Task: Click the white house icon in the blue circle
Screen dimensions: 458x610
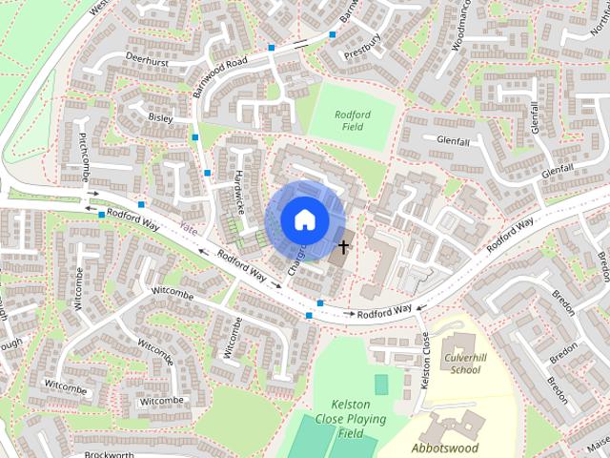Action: (x=304, y=219)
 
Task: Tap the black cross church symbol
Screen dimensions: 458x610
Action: (x=342, y=246)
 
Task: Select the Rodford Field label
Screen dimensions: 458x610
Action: (x=352, y=121)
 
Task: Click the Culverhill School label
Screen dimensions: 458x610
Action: (x=462, y=364)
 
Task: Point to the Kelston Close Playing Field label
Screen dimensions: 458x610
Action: (x=352, y=419)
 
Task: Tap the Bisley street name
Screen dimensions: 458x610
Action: (x=160, y=117)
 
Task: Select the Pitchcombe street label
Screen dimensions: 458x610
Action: (x=84, y=153)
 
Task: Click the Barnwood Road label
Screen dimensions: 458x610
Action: (x=219, y=73)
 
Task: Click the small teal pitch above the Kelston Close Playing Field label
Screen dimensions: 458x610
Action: (x=381, y=385)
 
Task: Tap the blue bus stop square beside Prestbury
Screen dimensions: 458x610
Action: (x=333, y=34)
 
